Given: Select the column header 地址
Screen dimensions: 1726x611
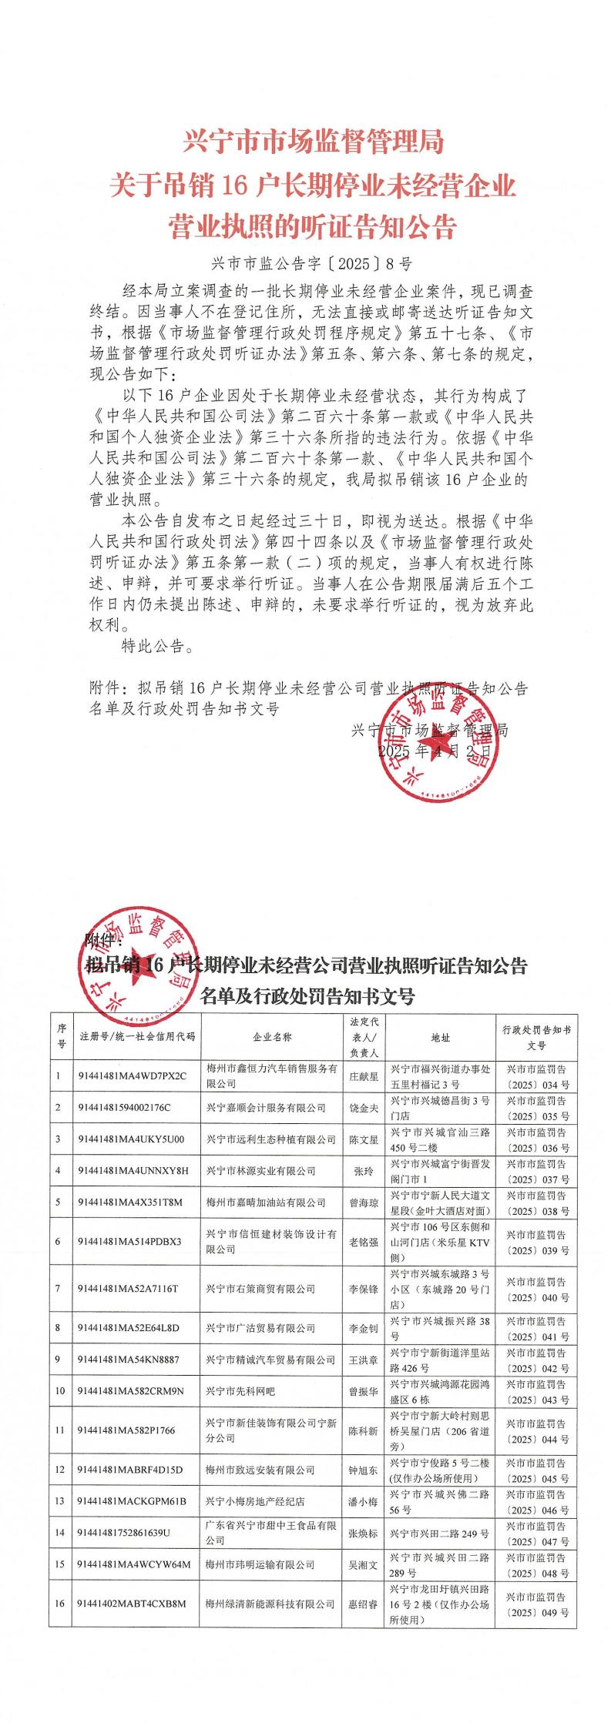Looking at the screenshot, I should (x=441, y=1038).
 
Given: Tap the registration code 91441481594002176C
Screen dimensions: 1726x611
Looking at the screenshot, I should (x=124, y=1108).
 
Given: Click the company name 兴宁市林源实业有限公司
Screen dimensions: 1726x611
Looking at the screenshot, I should (x=260, y=1171).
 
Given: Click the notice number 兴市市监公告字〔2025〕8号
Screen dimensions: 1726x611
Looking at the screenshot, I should (x=307, y=263).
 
